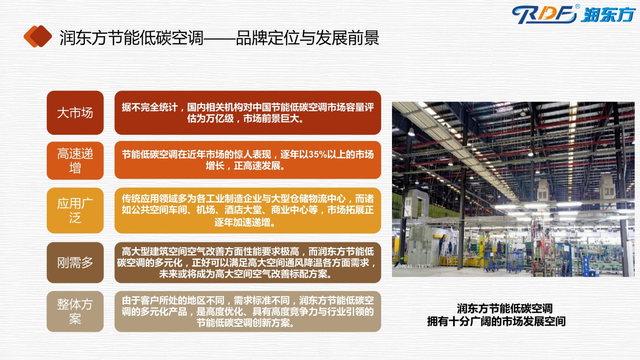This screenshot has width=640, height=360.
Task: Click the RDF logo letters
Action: pyautogui.click(x=544, y=14)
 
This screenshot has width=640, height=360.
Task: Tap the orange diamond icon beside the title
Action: pyautogui.click(x=38, y=36)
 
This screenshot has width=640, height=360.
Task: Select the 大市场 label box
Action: pyautogui.click(x=75, y=112)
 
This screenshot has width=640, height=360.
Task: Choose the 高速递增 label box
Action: pyautogui.click(x=75, y=160)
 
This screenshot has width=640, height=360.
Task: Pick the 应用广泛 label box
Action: pyautogui.click(x=75, y=210)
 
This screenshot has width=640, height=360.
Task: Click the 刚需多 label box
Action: pyautogui.click(x=75, y=262)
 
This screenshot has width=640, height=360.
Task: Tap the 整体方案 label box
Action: pyautogui.click(x=75, y=312)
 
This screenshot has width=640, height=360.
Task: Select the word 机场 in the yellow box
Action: pyautogui.click(x=206, y=210)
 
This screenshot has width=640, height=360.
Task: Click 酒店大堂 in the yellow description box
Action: pyautogui.click(x=243, y=210)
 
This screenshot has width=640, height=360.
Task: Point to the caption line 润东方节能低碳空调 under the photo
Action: pyautogui.click(x=504, y=308)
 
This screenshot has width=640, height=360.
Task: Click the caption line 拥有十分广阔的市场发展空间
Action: pyautogui.click(x=496, y=322)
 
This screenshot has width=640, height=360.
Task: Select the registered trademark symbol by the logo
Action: pyautogui.click(x=578, y=6)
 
